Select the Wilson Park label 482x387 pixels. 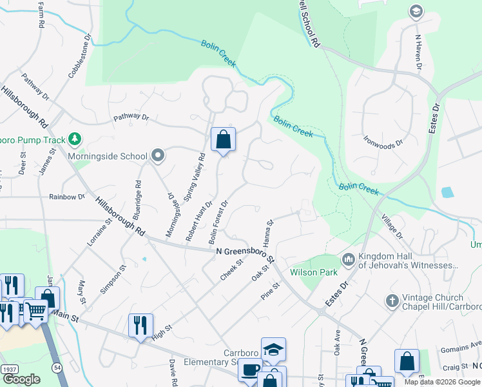[x=314, y=272]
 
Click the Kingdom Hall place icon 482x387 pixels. [x=349, y=259]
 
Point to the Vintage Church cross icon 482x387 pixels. [x=391, y=301]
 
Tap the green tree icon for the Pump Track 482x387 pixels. [x=75, y=139]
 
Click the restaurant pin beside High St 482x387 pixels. [x=140, y=324]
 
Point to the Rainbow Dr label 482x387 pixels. [x=67, y=197]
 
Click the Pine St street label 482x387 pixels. [x=271, y=290]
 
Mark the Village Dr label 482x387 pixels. [x=390, y=226]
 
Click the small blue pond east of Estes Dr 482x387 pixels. [x=447, y=192]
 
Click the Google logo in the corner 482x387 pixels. [x=21, y=379]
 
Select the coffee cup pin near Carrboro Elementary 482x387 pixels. [x=249, y=370]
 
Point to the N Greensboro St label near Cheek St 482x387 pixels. [x=246, y=254]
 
